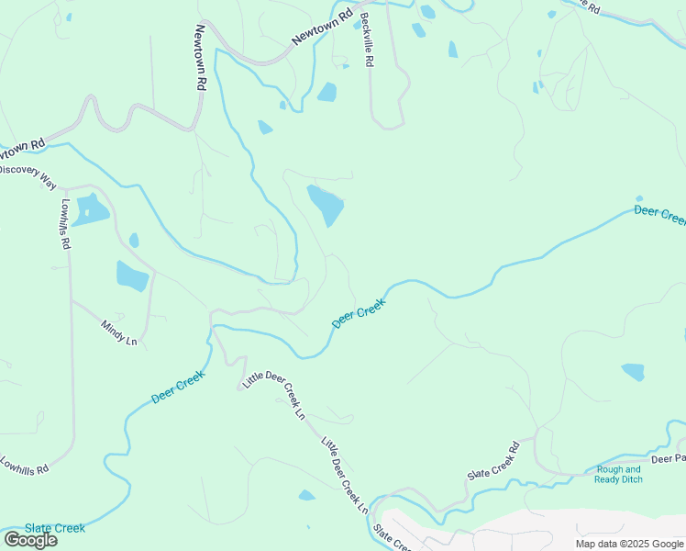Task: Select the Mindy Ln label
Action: pos(118,332)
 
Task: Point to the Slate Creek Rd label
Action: pos(493,461)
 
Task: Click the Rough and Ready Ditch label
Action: pos(618,474)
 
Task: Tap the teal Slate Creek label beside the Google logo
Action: pos(55,528)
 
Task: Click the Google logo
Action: pos(30,539)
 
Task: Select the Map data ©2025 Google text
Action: pos(629,544)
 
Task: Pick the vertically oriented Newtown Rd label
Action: pos(199,56)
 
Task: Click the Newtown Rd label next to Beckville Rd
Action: pos(322,28)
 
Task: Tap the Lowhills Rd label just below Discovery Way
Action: pos(65,224)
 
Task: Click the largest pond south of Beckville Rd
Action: pos(325,204)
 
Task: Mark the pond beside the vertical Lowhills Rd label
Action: pos(90,210)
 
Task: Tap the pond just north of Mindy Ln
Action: pos(132,275)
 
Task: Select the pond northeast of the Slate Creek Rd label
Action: pos(633,371)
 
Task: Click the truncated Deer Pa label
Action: pos(668,458)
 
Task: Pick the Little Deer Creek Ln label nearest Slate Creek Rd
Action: pos(344,476)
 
